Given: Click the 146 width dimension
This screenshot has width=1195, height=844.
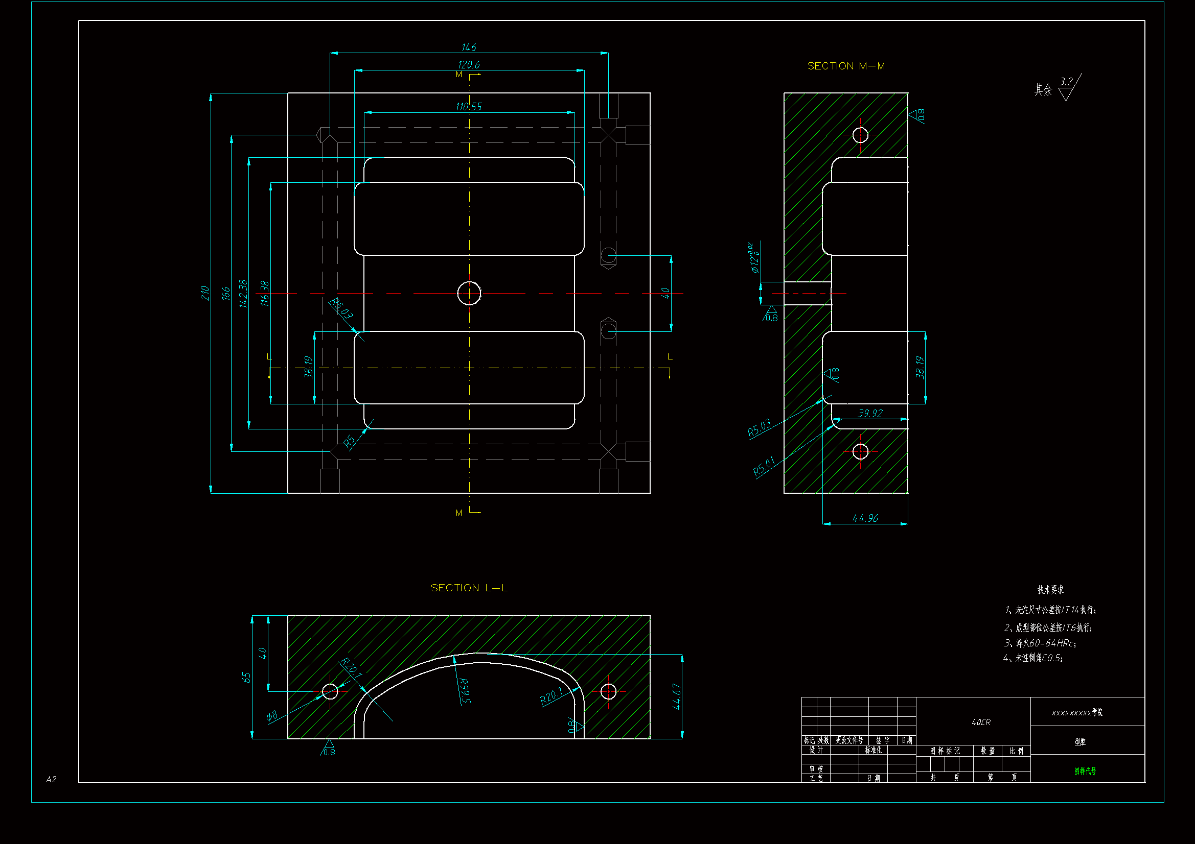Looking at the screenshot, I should (x=468, y=47).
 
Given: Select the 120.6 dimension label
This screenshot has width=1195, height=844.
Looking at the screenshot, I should (x=468, y=65).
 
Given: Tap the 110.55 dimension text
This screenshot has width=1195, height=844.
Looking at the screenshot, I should (x=468, y=107).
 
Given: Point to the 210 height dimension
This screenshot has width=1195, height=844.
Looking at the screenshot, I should (x=204, y=293).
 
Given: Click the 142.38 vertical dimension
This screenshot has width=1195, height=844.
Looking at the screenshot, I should (x=243, y=293).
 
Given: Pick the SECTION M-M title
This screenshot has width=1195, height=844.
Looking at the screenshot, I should (x=846, y=66).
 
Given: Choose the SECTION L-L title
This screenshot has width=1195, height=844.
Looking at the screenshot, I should (x=469, y=588).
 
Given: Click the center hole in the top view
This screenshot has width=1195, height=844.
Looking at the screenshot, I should (x=469, y=293).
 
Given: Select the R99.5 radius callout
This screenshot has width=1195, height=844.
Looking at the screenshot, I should (x=464, y=691).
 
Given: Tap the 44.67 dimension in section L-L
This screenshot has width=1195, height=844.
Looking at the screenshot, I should (x=676, y=696).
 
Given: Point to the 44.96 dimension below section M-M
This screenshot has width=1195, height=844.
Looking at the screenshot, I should (x=864, y=518).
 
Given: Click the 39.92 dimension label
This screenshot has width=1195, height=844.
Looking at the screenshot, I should (x=870, y=414).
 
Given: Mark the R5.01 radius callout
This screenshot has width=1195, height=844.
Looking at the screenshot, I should (x=764, y=467).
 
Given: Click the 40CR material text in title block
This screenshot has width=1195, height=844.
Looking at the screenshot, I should (x=980, y=722).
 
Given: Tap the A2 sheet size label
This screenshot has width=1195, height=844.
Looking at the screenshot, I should (x=51, y=779).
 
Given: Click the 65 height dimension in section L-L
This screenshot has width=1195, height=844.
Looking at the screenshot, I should (x=246, y=677).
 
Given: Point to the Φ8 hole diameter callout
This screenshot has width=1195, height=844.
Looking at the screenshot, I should (x=272, y=716).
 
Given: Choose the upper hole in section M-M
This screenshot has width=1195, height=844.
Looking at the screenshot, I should (x=860, y=135).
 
